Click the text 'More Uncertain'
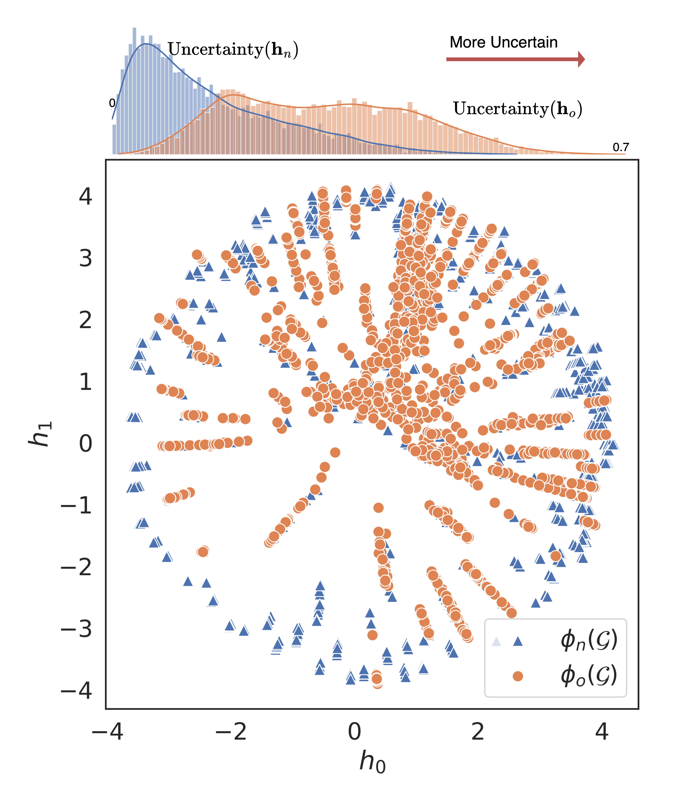(503, 42)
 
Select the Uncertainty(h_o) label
(517, 109)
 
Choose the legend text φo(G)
(589, 676)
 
